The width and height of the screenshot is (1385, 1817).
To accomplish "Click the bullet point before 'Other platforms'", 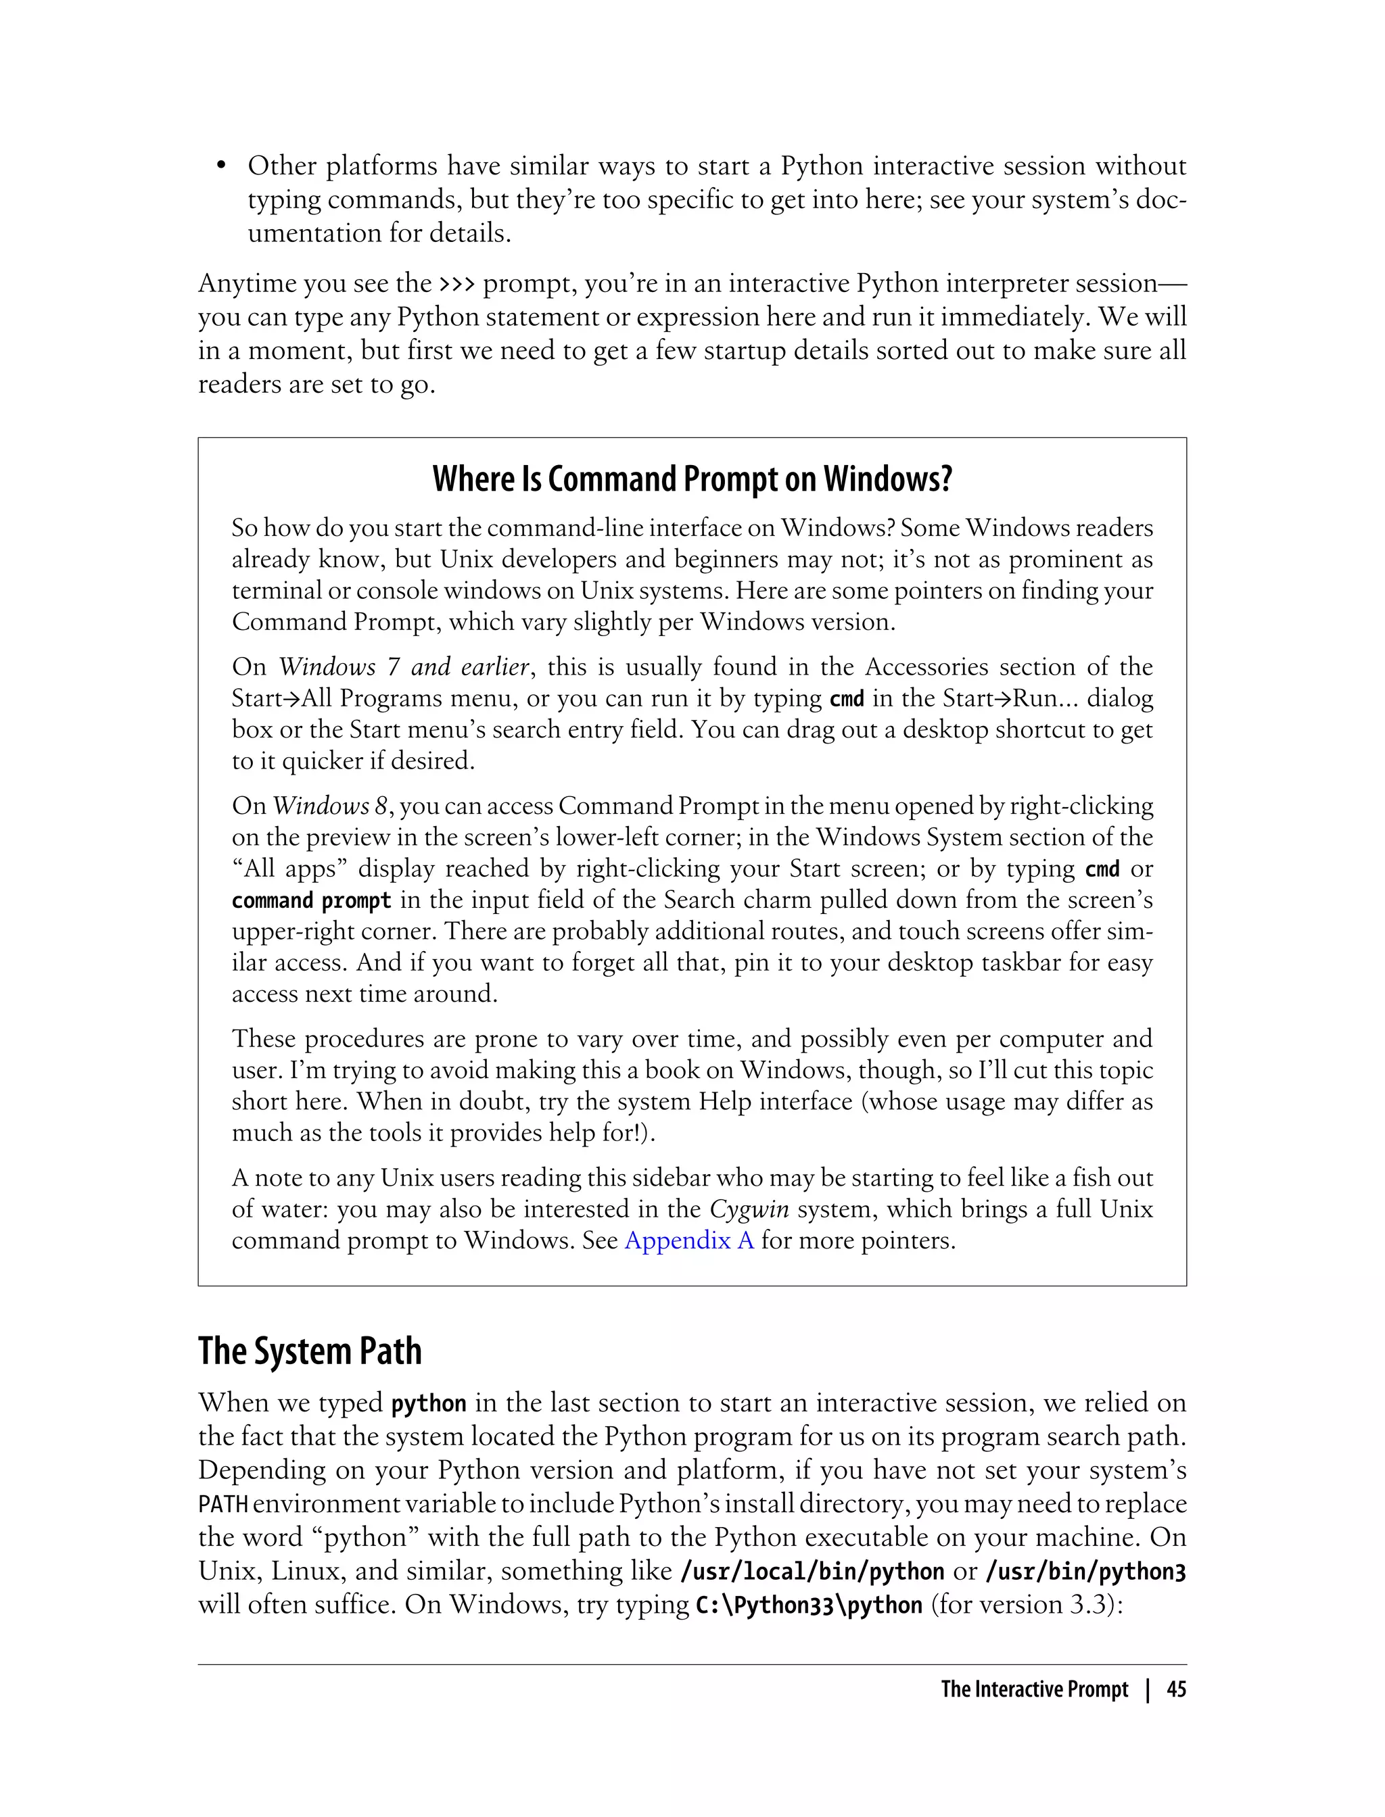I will coord(221,167).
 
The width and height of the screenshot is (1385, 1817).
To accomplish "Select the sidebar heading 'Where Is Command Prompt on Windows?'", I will coord(692,479).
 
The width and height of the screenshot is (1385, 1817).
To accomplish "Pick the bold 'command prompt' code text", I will coord(311,900).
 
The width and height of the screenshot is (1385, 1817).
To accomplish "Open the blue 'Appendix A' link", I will coord(689,1240).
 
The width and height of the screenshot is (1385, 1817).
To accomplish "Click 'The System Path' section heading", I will coord(309,1351).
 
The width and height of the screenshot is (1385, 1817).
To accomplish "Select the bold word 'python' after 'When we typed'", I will coord(429,1403).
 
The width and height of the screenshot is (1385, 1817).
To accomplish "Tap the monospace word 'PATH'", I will coord(222,1505).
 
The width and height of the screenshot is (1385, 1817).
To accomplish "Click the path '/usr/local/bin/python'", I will coord(812,1572).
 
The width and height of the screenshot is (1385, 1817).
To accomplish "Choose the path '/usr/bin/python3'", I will coord(1085,1572).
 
